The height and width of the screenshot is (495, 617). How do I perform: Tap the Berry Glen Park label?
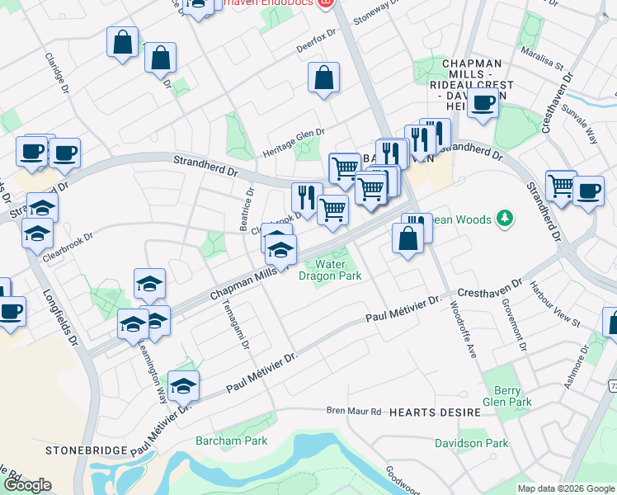pyautogui.click(x=506, y=396)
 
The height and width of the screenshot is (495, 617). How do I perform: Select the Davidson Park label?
pyautogui.click(x=472, y=443)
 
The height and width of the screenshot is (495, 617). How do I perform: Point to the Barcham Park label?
pyautogui.click(x=231, y=441)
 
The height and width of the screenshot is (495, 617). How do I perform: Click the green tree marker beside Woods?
pyautogui.click(x=503, y=219)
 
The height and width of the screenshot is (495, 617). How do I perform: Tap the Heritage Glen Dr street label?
pyautogui.click(x=294, y=142)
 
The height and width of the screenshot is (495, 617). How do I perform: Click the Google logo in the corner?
pyautogui.click(x=27, y=485)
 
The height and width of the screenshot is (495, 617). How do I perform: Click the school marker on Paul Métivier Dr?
pyautogui.click(x=183, y=384)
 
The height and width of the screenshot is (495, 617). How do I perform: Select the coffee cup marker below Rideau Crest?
pyautogui.click(x=483, y=102)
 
